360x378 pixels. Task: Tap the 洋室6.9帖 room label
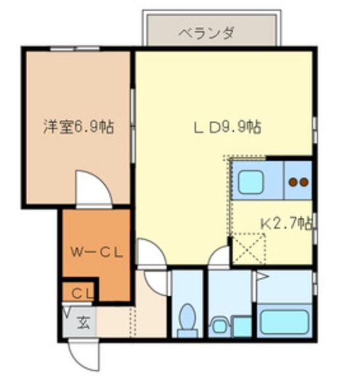tap(78, 126)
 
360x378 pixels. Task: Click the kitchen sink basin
tap(251, 181)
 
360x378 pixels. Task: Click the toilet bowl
tap(187, 319)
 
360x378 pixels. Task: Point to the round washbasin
tap(219, 324)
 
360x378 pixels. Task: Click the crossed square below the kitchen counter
tap(247, 250)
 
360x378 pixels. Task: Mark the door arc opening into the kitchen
tap(218, 259)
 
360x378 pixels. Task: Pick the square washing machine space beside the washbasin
tap(242, 325)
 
